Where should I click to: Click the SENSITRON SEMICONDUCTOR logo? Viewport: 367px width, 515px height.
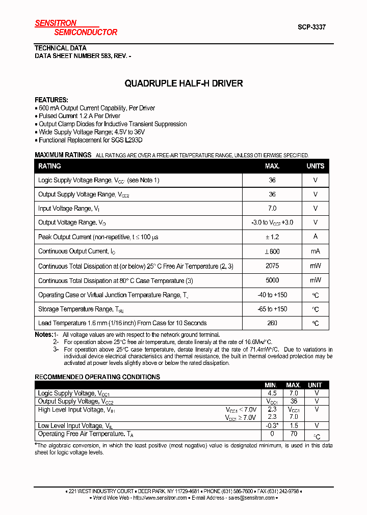(75, 27)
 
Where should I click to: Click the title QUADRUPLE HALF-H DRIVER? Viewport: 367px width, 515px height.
(183, 83)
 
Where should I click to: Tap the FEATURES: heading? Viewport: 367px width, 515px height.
(51, 100)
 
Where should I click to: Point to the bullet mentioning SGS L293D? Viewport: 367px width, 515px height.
(91, 140)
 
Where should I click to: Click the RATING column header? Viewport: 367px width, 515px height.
(49, 166)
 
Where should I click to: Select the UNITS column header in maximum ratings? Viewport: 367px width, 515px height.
(315, 166)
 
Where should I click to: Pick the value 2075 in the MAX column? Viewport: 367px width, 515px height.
(272, 266)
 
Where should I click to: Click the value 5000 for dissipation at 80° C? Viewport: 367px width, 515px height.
(272, 280)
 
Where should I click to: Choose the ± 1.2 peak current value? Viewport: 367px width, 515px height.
(272, 237)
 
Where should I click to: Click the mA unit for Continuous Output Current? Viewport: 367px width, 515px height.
(315, 251)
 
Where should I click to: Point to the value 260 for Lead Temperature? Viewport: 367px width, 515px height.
(272, 323)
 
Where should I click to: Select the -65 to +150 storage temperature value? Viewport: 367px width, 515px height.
(272, 309)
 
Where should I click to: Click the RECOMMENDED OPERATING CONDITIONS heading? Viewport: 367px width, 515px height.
(97, 377)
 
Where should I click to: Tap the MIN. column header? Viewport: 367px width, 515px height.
(272, 385)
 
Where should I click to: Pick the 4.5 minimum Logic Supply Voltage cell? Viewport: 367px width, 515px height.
(272, 393)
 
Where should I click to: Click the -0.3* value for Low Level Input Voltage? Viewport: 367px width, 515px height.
(272, 425)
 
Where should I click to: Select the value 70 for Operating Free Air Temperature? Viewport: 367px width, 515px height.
(294, 434)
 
